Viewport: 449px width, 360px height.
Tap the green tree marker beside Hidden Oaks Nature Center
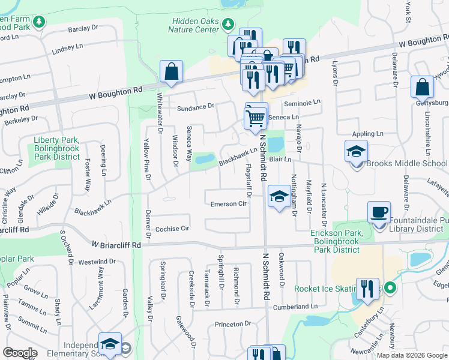coord(228,25)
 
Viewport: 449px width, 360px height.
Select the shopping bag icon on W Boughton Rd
coord(171,71)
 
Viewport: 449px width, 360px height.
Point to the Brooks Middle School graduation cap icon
coord(356,151)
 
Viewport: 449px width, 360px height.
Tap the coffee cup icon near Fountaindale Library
coord(379,212)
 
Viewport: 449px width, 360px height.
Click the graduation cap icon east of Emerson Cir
coord(279,197)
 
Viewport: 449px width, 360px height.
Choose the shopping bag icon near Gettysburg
coord(422,87)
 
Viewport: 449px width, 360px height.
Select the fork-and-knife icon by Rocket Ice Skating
coord(367,289)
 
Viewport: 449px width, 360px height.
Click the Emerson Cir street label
coord(229,204)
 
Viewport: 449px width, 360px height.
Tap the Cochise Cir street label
coord(172,229)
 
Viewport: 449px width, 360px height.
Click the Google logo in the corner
coord(20,353)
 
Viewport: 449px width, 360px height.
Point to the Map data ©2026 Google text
coord(411,355)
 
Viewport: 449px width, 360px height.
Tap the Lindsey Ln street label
coord(67,47)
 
